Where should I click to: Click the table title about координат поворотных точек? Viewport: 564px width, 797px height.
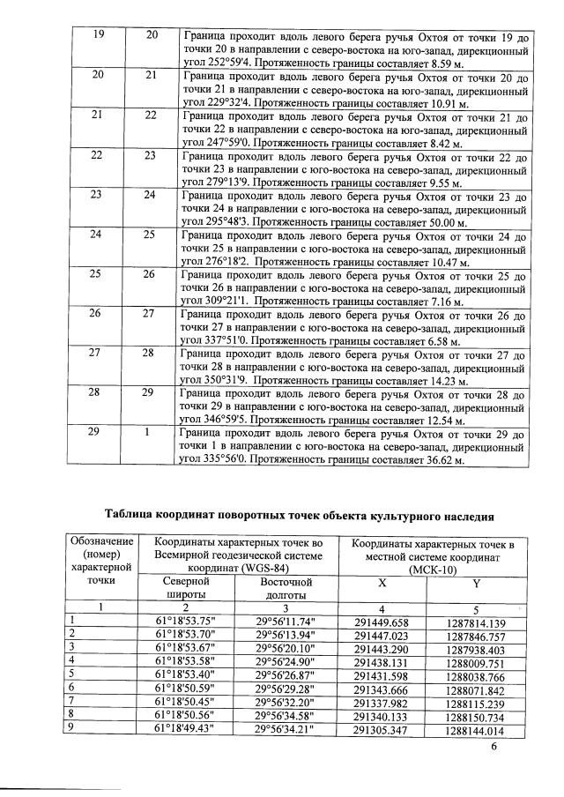click(x=298, y=515)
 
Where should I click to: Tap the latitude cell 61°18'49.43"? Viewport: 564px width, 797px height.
click(x=187, y=730)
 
